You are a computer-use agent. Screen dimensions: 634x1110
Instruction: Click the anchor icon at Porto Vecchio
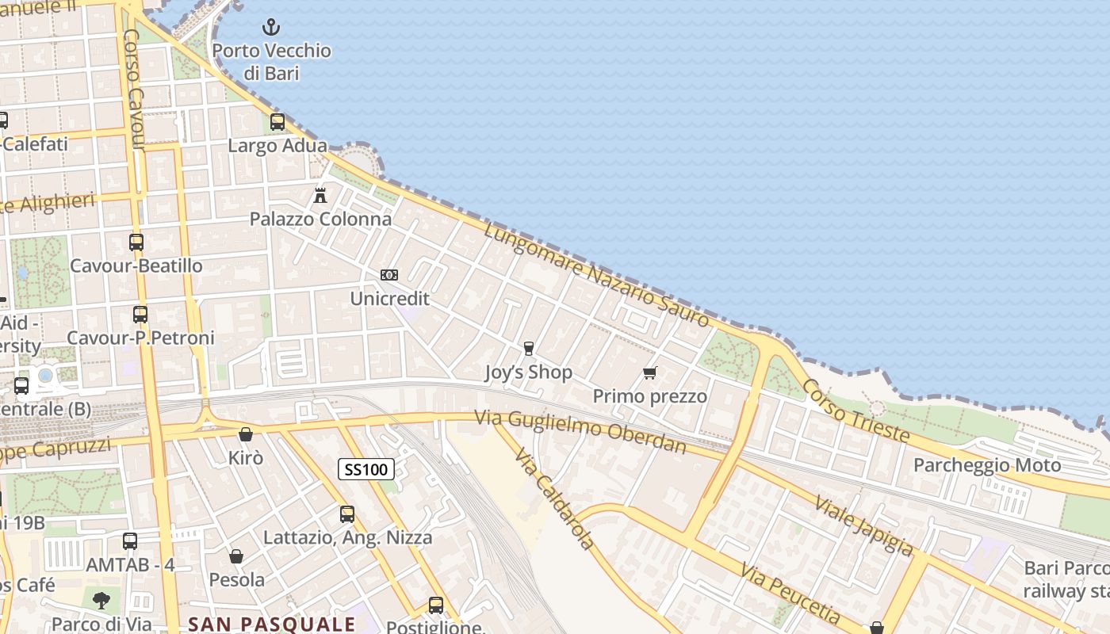tap(271, 28)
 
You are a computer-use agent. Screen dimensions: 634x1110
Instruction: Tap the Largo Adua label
tap(277, 146)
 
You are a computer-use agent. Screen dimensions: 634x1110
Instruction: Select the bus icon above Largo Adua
tap(277, 122)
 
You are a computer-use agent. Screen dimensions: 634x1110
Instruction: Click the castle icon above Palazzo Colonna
tap(320, 195)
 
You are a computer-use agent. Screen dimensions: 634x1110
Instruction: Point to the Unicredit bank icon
tap(389, 275)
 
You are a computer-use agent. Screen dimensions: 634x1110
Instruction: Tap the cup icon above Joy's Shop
tap(529, 349)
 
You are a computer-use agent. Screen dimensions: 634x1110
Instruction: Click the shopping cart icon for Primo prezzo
tap(650, 372)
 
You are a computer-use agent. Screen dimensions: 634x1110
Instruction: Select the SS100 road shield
tap(366, 469)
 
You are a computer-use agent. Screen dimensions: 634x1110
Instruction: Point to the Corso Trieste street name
tap(855, 410)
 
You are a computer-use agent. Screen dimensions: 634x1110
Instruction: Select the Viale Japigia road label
tap(863, 524)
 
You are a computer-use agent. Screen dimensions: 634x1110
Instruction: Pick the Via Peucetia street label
tap(790, 593)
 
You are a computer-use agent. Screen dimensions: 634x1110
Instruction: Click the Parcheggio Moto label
tap(987, 464)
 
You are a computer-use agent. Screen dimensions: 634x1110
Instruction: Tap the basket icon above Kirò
tap(246, 434)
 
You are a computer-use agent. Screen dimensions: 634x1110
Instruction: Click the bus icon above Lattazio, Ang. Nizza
tap(347, 514)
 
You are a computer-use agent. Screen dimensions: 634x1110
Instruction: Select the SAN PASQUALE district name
tap(272, 624)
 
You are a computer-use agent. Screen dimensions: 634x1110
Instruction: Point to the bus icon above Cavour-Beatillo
tap(136, 242)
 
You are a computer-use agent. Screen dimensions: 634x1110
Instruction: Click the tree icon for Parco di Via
tap(101, 600)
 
